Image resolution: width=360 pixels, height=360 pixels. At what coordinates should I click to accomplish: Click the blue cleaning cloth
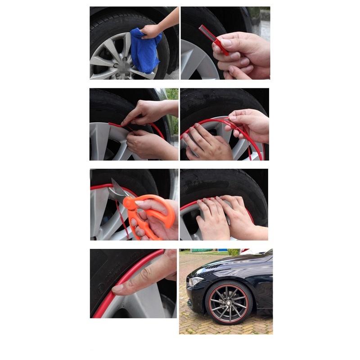pyautogui.click(x=145, y=50)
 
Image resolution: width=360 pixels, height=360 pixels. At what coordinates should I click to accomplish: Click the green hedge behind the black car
pyautogui.click(x=234, y=252)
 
